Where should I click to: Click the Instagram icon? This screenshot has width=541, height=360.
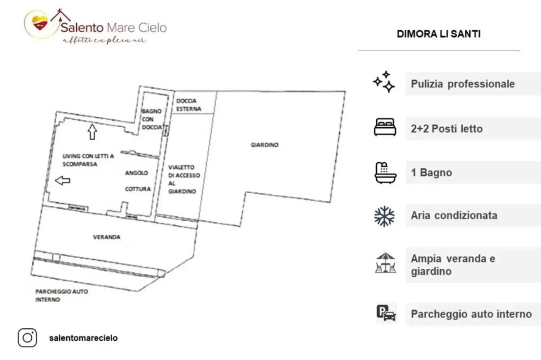[27, 338]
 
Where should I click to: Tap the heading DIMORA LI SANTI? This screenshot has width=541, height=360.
[439, 34]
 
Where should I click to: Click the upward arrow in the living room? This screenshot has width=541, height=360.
[92, 132]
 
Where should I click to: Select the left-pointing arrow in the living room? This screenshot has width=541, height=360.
[62, 180]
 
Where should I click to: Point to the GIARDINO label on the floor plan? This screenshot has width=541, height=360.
[265, 145]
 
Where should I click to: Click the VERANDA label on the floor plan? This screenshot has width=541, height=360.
[107, 237]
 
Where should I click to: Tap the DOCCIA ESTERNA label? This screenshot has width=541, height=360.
[189, 105]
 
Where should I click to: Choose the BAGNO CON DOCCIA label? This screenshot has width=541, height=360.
[152, 119]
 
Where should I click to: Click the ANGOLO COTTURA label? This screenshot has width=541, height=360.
[138, 181]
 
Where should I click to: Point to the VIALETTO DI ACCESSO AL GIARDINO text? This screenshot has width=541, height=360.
[184, 179]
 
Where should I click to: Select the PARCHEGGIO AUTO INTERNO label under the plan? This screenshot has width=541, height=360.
[62, 296]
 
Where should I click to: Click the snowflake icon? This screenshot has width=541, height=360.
[385, 216]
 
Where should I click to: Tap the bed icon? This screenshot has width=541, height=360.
[385, 127]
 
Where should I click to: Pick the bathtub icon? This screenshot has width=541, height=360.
[385, 173]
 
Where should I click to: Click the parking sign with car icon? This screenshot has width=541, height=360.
[386, 313]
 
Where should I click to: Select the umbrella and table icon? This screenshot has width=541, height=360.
[385, 263]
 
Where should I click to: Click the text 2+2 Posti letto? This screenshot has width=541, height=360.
[446, 129]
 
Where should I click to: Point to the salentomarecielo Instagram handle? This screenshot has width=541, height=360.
[83, 338]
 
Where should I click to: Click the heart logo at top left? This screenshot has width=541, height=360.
[40, 23]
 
